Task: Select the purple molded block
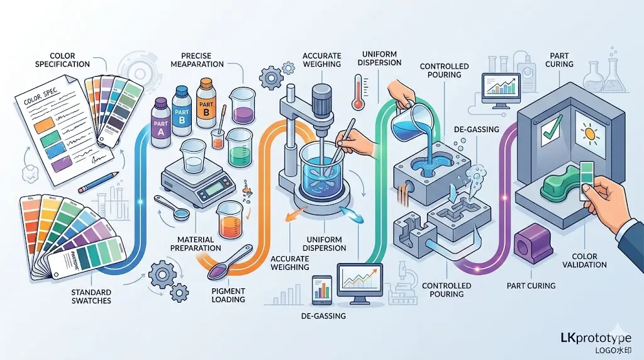click(x=528, y=245)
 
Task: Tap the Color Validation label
click(x=589, y=261)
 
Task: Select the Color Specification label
click(x=62, y=60)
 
